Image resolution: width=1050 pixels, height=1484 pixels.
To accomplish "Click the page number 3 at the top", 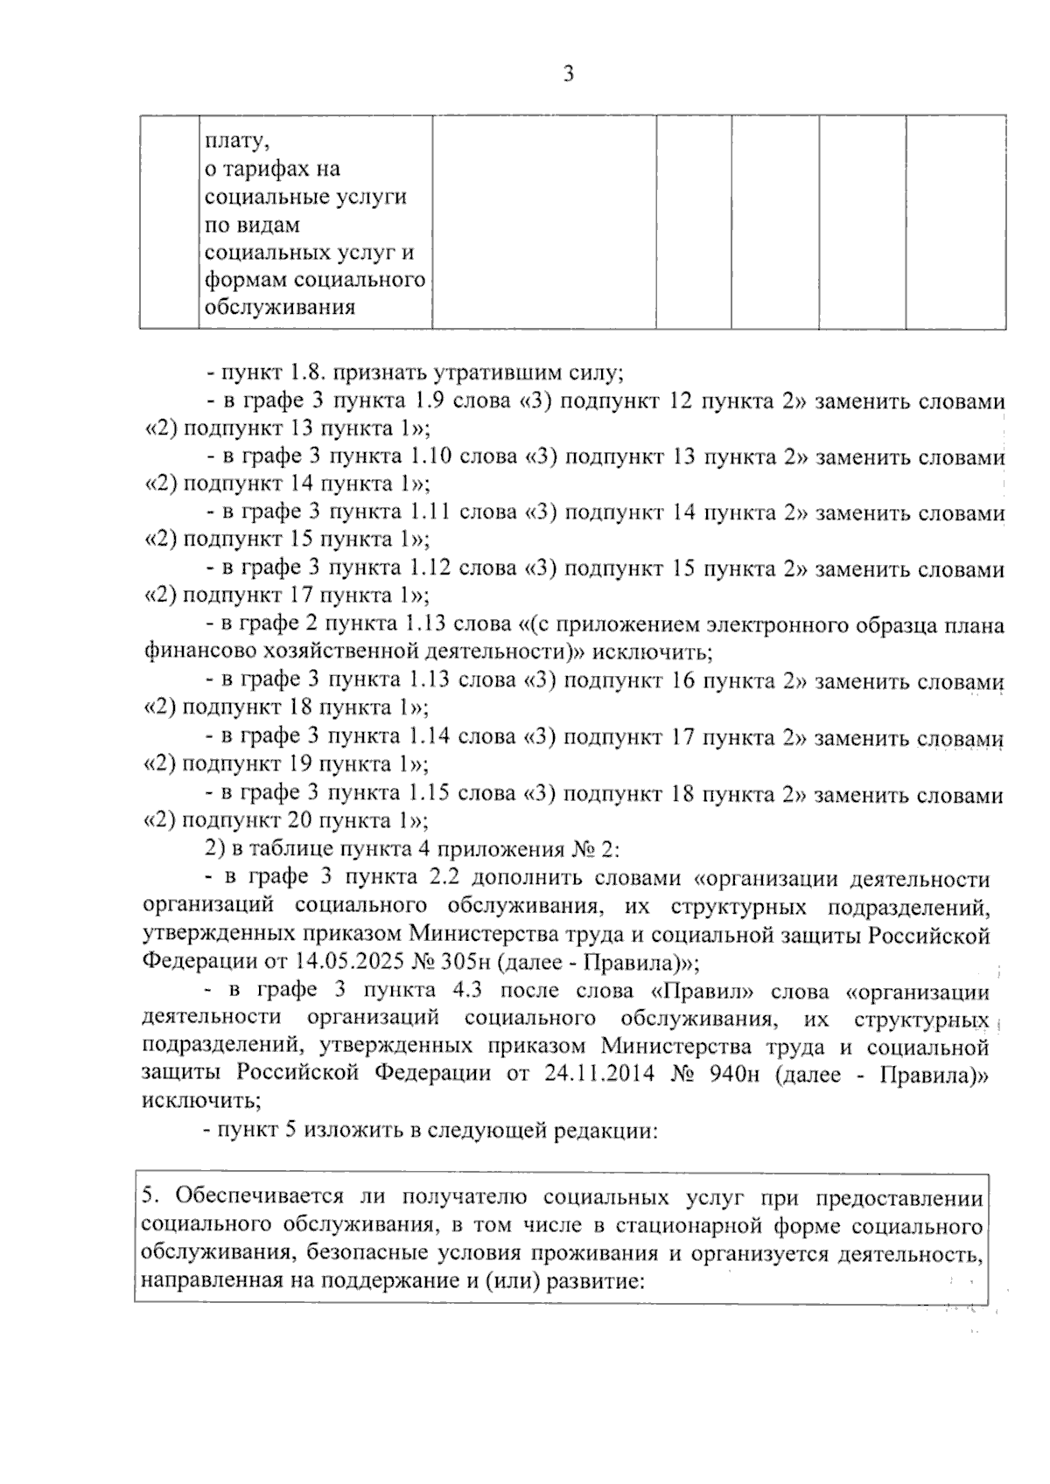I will [568, 74].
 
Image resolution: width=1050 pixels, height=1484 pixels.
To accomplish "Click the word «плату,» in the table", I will [232, 140].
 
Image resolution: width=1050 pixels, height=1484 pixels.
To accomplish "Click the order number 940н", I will [733, 1074].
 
